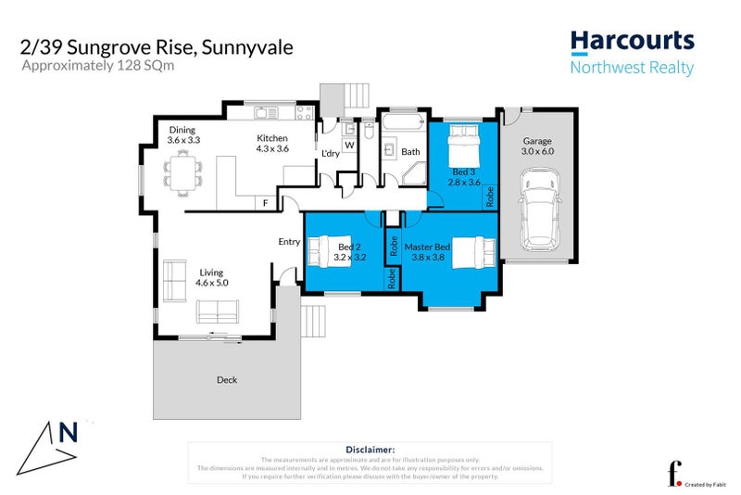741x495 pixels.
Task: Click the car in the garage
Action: pyautogui.click(x=538, y=209)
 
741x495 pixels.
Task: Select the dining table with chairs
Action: pyautogui.click(x=182, y=171)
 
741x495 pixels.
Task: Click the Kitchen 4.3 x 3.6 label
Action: pyautogui.click(x=272, y=144)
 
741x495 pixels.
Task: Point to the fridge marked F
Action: pyautogui.click(x=266, y=202)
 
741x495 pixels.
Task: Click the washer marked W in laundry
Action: pyautogui.click(x=349, y=145)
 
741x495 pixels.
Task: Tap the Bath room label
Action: pyautogui.click(x=410, y=151)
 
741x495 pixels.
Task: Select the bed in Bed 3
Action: pyautogui.click(x=463, y=145)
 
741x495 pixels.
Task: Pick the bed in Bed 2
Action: pyautogui.click(x=329, y=252)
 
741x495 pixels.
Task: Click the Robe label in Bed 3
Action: pyautogui.click(x=490, y=196)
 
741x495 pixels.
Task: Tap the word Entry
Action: pyautogui.click(x=289, y=242)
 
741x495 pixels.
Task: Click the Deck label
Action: pyautogui.click(x=227, y=379)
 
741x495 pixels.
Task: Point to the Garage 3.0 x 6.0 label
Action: pyautogui.click(x=536, y=146)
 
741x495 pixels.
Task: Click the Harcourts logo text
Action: pyautogui.click(x=632, y=40)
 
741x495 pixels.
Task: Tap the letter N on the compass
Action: pyautogui.click(x=68, y=432)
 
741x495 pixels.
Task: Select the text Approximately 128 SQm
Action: pyautogui.click(x=88, y=67)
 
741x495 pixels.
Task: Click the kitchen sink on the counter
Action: pyautogui.click(x=266, y=113)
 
